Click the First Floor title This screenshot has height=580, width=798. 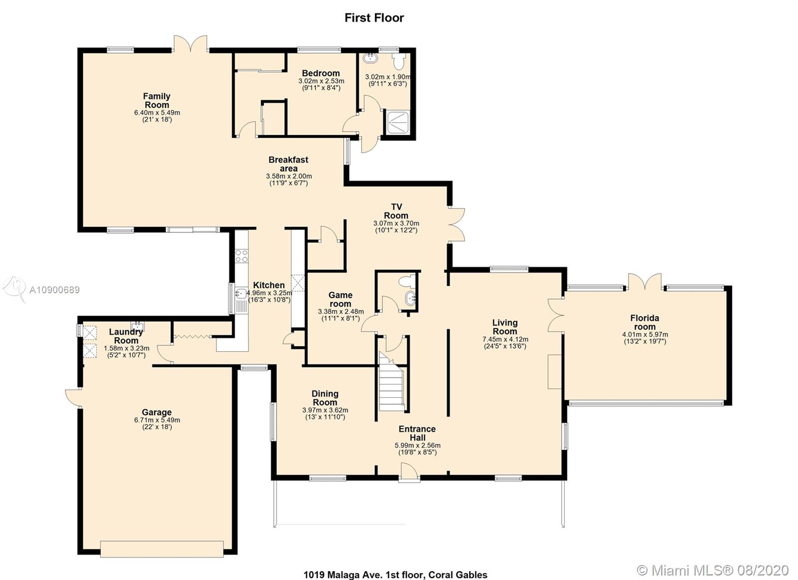pyautogui.click(x=374, y=18)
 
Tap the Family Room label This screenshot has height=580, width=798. pyautogui.click(x=157, y=100)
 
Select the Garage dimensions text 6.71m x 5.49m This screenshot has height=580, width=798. pyautogui.click(x=157, y=420)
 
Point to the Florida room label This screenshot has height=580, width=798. pyautogui.click(x=645, y=322)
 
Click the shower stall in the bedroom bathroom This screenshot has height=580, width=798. pyautogui.click(x=398, y=122)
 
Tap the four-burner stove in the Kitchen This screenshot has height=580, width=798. pyautogui.click(x=242, y=256)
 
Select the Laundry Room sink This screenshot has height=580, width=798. pyautogui.click(x=138, y=326)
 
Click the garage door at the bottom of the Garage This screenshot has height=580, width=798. pyautogui.click(x=162, y=549)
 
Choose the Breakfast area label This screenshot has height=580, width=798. pyautogui.click(x=289, y=164)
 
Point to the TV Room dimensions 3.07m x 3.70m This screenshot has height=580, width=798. pyautogui.click(x=396, y=223)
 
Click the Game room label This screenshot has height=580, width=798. pyautogui.click(x=341, y=299)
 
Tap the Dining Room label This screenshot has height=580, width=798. pyautogui.click(x=325, y=398)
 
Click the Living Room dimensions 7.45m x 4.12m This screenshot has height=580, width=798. pyautogui.click(x=505, y=339)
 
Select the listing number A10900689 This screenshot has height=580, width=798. pyautogui.click(x=54, y=290)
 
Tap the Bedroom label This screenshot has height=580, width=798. pyautogui.click(x=321, y=73)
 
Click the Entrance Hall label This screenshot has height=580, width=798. pyautogui.click(x=417, y=433)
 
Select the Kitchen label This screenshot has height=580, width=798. pyautogui.click(x=269, y=285)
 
